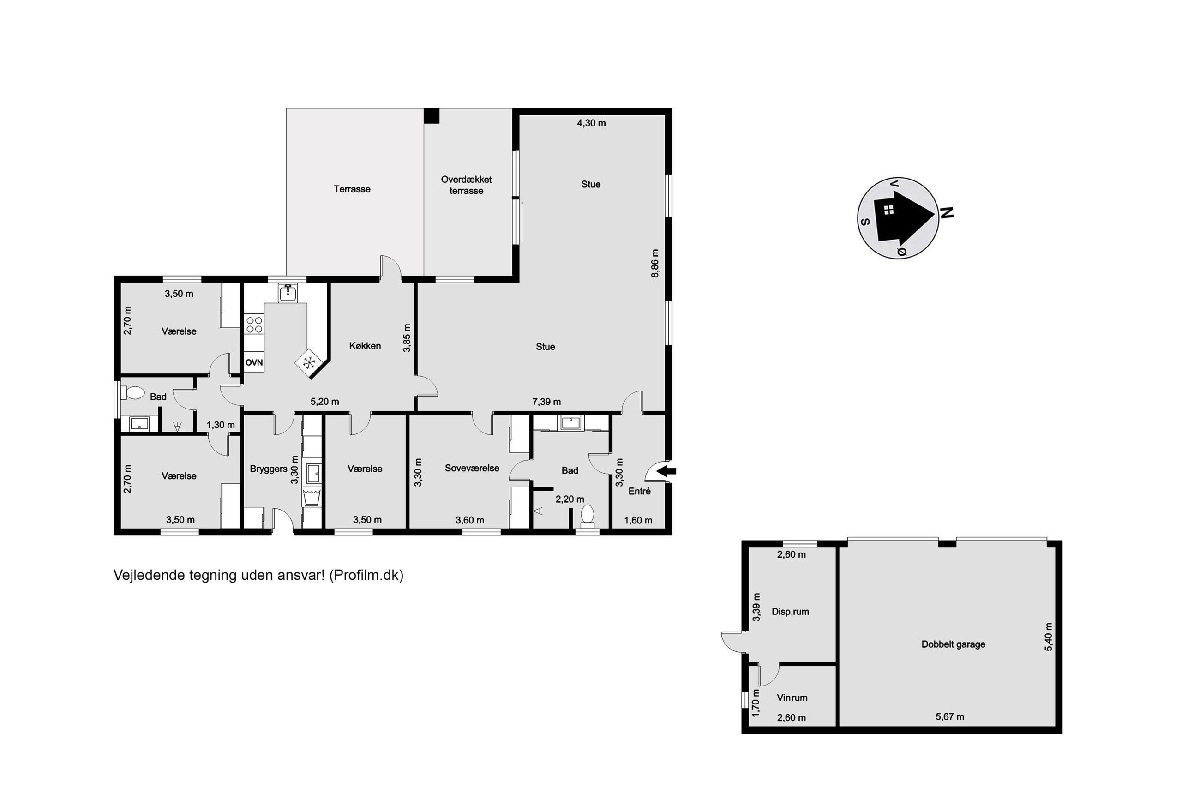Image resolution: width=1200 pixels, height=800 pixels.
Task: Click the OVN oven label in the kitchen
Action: click(x=254, y=363)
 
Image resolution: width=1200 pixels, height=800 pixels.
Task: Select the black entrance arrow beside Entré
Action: click(x=666, y=471)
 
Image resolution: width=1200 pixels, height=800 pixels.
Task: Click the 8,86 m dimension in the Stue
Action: click(x=655, y=263)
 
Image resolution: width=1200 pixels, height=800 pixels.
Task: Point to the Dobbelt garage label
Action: click(x=953, y=644)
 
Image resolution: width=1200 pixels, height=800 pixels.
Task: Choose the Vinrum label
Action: click(x=792, y=698)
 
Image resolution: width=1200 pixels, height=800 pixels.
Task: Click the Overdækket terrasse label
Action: click(x=466, y=185)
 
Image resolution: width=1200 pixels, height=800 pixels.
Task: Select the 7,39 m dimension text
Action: click(x=546, y=402)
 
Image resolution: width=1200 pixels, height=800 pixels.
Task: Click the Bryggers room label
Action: click(x=268, y=469)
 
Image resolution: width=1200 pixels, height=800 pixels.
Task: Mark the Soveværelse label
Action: click(x=472, y=468)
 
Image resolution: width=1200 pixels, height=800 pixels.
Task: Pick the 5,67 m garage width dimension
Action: click(x=949, y=716)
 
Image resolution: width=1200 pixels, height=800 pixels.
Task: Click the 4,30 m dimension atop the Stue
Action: click(x=591, y=123)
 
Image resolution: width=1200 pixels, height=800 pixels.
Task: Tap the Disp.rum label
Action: click(x=790, y=612)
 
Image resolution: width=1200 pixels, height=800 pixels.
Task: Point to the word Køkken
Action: click(x=365, y=346)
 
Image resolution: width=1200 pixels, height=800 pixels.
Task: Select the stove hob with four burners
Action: click(x=254, y=325)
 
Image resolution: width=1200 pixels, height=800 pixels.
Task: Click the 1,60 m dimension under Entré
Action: click(x=638, y=520)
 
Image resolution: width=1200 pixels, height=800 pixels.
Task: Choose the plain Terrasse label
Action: click(x=352, y=189)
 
